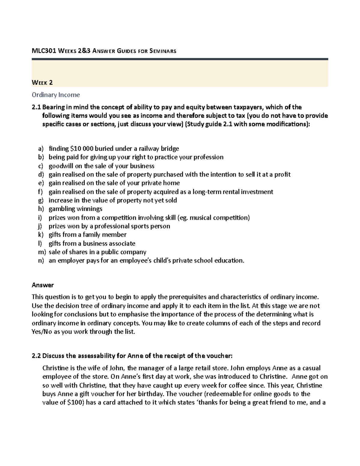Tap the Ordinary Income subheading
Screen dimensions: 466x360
pyautogui.click(x=56, y=95)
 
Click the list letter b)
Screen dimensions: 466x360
pyautogui.click(x=40, y=157)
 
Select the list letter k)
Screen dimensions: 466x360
pyautogui.click(x=40, y=235)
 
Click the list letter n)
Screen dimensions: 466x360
pyautogui.click(x=40, y=260)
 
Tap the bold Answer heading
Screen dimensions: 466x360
pyautogui.click(x=43, y=285)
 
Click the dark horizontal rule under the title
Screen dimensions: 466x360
pyautogui.click(x=180, y=59)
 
